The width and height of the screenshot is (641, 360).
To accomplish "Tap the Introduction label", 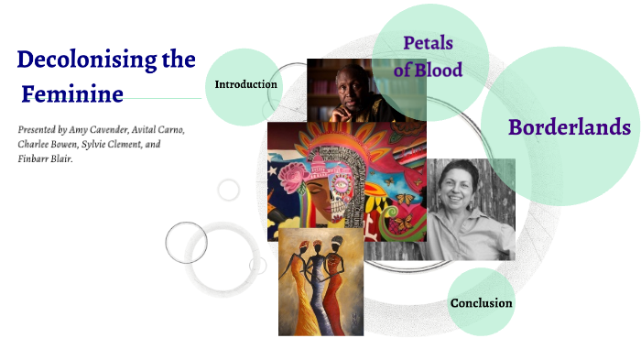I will pos(245,84).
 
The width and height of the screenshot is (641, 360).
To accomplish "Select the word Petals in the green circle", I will pos(429,42).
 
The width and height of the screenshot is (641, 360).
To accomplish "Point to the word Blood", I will pos(445,69).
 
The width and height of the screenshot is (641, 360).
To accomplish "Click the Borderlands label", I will pos(570,126).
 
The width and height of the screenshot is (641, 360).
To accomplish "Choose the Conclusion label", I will pos(481,302).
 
